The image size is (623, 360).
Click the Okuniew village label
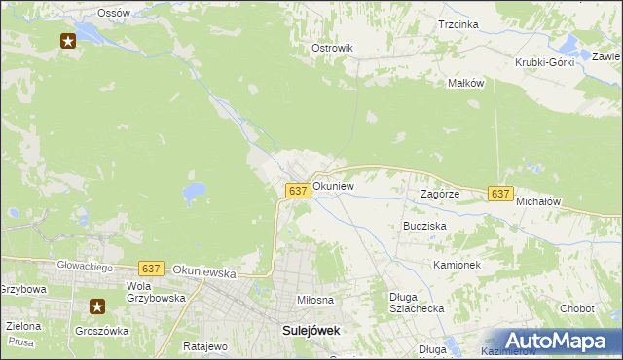(333, 185)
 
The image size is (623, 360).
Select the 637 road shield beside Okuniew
(299, 191)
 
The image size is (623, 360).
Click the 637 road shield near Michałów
(500, 195)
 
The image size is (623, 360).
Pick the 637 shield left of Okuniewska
(150, 269)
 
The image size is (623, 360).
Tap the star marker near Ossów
(68, 41)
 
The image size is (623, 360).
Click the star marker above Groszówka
(97, 306)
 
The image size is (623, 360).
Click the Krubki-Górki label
(545, 62)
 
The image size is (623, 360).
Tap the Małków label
(465, 84)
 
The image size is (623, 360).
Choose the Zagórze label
(439, 194)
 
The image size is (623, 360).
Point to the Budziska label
(424, 225)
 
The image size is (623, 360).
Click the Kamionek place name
(458, 265)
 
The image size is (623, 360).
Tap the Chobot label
(576, 308)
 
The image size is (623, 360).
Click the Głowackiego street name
(84, 267)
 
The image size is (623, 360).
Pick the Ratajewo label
(204, 345)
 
